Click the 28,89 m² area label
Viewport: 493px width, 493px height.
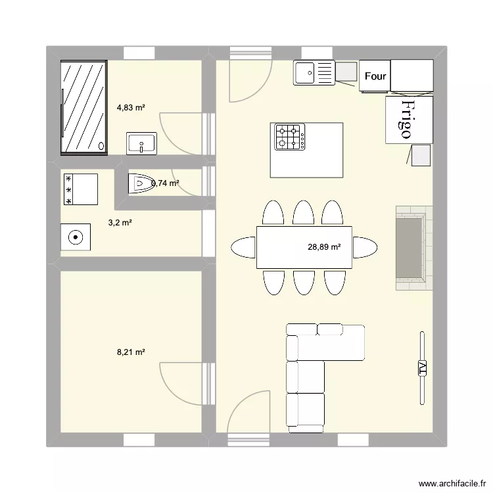[x=325, y=247]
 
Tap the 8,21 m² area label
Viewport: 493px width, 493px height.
[x=131, y=352]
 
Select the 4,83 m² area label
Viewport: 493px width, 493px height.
[x=131, y=106]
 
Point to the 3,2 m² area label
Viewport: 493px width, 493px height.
[x=120, y=223]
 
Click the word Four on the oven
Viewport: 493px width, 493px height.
[x=375, y=76]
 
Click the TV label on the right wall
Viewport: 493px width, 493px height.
[x=422, y=368]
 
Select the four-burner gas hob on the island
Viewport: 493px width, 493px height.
[x=290, y=137]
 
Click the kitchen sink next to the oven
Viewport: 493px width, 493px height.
[x=314, y=72]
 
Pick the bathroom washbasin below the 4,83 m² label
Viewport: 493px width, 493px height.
[x=141, y=143]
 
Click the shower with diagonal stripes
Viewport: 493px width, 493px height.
[x=83, y=107]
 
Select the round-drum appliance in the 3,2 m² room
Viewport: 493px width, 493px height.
[x=76, y=237]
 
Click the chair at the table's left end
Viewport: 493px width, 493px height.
[x=243, y=248]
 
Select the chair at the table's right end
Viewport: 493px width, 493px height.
[x=365, y=248]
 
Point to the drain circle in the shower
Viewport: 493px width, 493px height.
[x=101, y=147]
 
